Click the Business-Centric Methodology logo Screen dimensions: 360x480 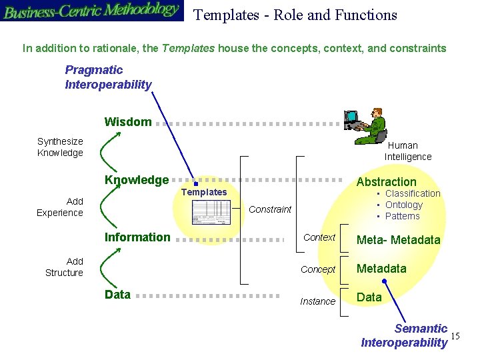[x=91, y=11]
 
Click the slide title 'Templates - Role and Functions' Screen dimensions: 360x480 [x=295, y=15]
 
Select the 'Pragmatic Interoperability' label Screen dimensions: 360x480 [x=108, y=77]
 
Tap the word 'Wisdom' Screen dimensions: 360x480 [x=128, y=122]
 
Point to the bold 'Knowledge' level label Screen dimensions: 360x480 [x=137, y=180]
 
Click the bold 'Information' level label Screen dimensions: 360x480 [x=137, y=237]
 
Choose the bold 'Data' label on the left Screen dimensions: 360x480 [x=117, y=295]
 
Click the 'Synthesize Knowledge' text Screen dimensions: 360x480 [x=60, y=147]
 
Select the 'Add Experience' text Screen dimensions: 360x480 [x=60, y=207]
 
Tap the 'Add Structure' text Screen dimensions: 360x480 [x=64, y=267]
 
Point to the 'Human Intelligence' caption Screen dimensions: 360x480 [x=407, y=151]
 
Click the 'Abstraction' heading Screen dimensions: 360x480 [x=386, y=182]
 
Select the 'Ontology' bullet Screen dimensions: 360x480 [x=403, y=205]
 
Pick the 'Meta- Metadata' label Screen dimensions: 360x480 [x=399, y=240]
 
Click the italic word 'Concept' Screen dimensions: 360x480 [x=318, y=269]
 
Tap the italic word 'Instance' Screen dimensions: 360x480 [x=317, y=301]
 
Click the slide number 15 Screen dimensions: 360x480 [x=455, y=335]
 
